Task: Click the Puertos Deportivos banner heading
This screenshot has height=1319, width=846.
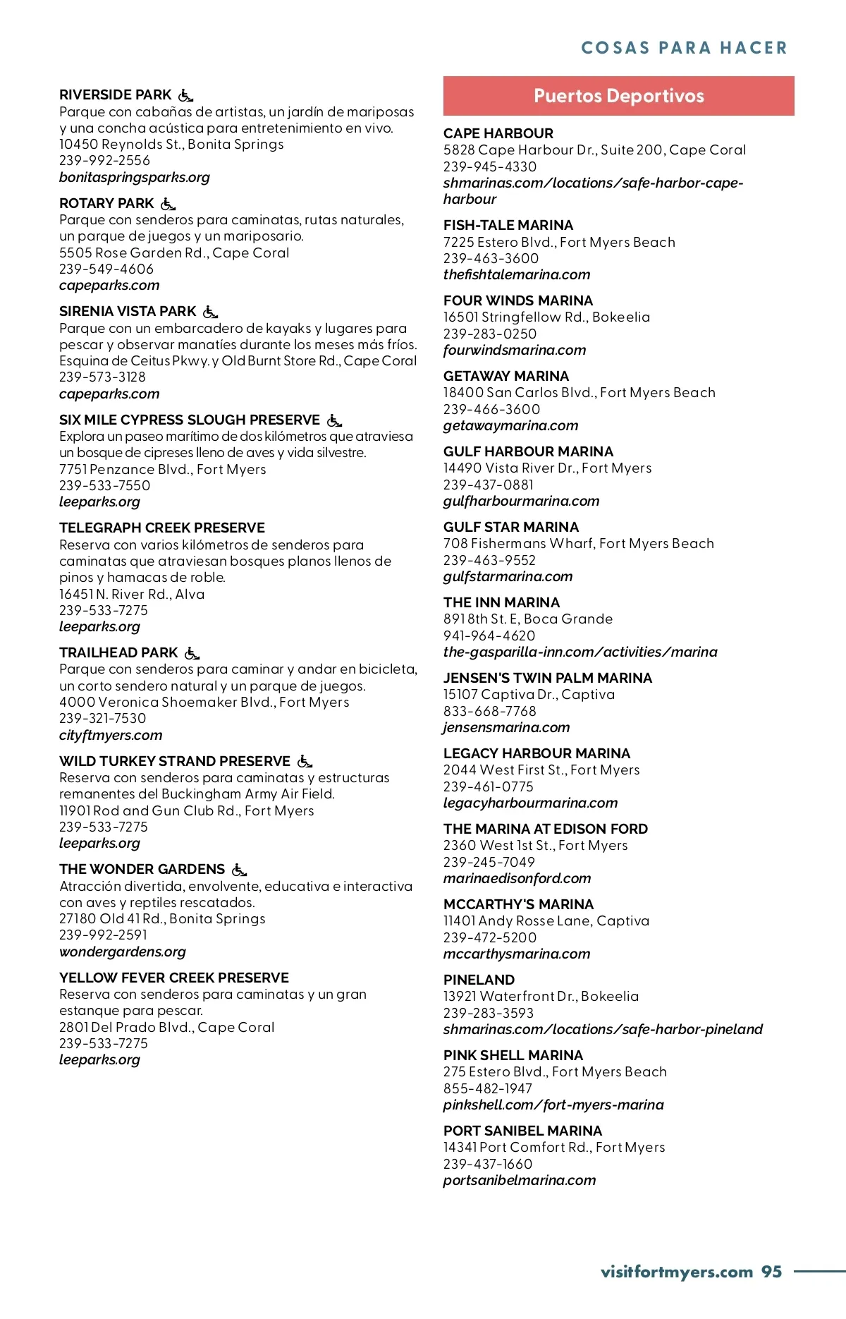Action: point(618,96)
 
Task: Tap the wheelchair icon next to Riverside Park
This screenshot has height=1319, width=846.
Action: point(185,95)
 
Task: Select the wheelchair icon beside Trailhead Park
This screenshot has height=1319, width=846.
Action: point(192,653)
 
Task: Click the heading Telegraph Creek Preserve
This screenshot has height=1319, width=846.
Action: point(162,528)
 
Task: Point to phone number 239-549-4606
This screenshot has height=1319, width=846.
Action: point(106,269)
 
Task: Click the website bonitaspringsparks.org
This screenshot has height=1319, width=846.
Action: point(135,177)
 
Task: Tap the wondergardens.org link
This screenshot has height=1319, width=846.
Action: point(123,952)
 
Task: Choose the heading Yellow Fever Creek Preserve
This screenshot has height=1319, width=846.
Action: point(174,978)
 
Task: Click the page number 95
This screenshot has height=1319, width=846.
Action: point(771,1272)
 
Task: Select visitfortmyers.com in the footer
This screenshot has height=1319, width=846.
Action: point(677,1272)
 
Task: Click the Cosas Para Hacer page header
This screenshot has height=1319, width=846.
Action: point(684,48)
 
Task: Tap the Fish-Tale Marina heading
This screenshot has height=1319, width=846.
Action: point(508,225)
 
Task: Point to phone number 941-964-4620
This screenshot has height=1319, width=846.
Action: point(489,636)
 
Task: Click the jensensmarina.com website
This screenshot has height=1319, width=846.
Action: point(506,727)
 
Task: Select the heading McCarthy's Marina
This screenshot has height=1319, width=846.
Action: point(518,904)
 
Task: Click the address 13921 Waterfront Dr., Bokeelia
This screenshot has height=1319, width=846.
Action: point(541,996)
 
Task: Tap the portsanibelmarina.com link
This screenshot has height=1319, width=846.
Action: point(520,1180)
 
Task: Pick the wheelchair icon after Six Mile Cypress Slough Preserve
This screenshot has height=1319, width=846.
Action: point(334,420)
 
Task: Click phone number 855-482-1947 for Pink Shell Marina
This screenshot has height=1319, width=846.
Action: point(488,1088)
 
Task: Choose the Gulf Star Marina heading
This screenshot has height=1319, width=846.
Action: point(511,527)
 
